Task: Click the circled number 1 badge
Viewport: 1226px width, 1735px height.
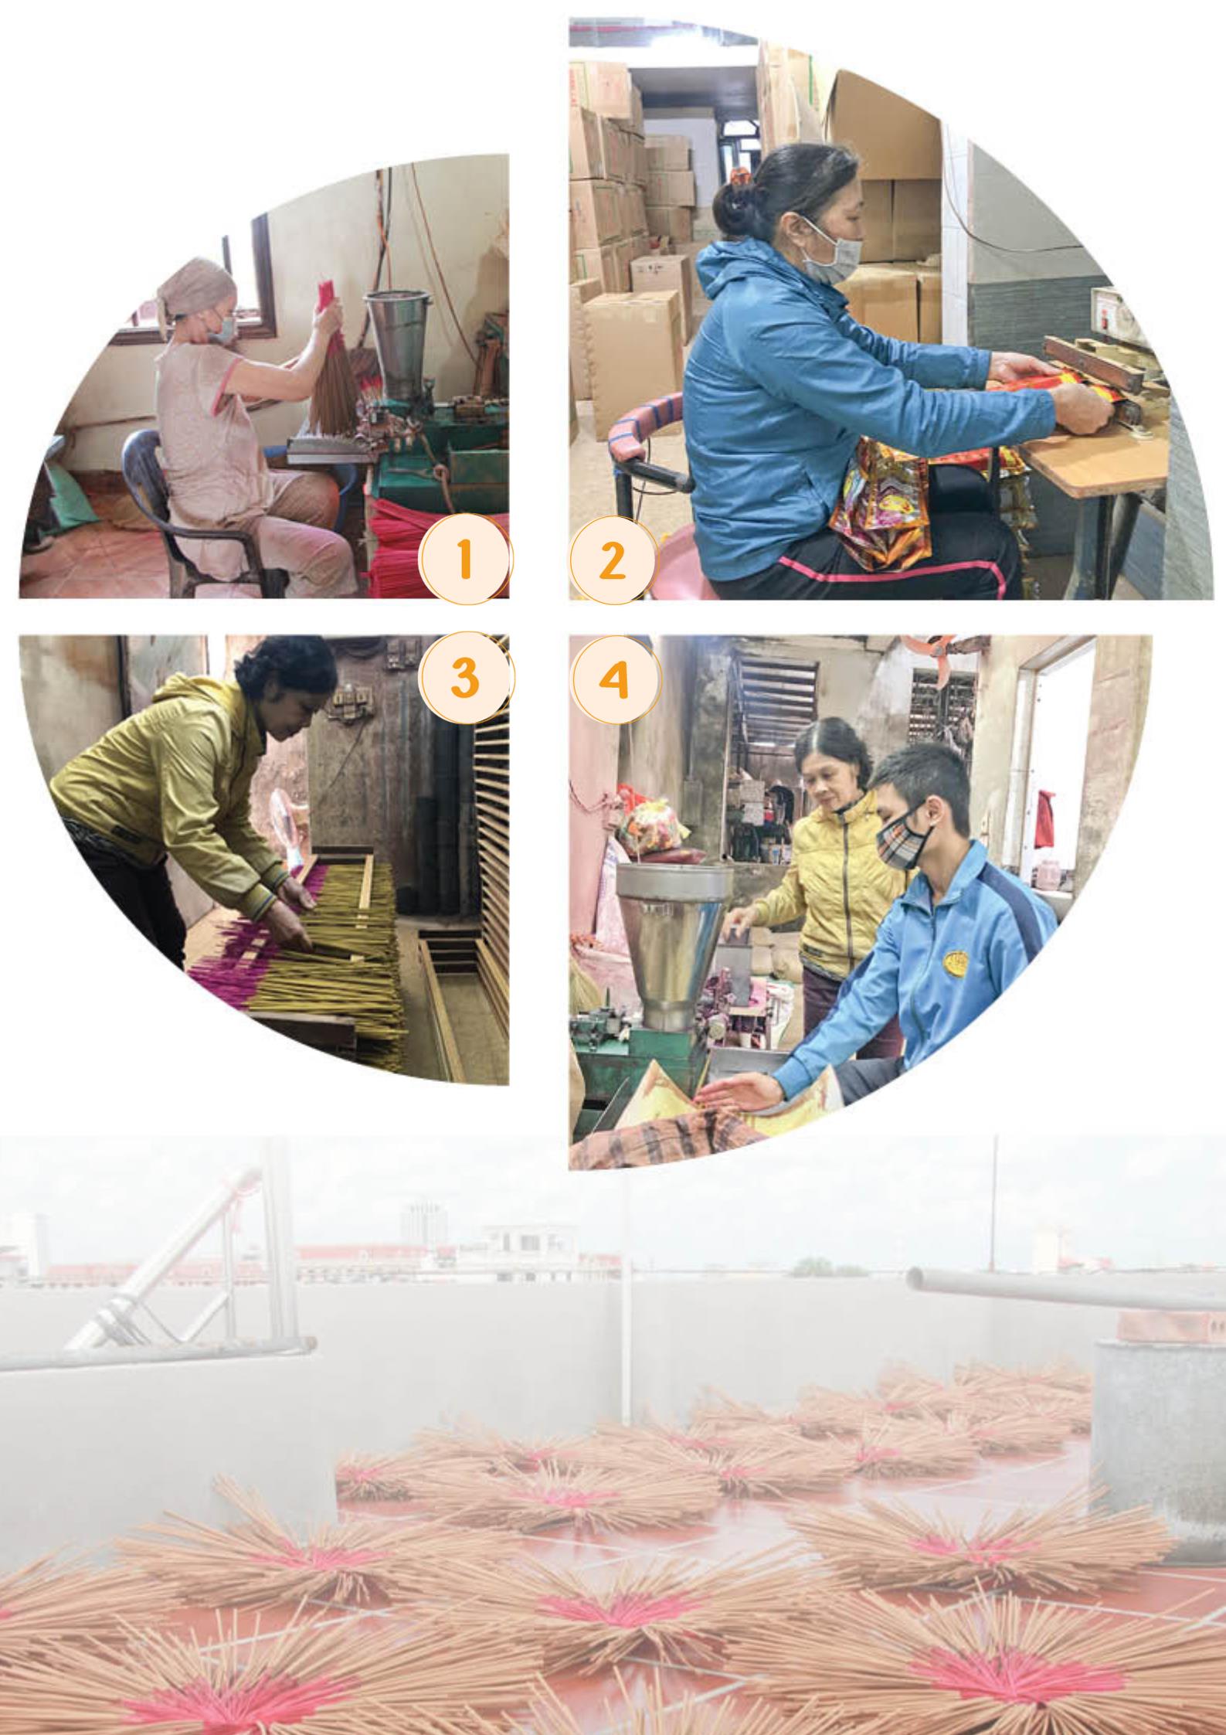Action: coord(464,560)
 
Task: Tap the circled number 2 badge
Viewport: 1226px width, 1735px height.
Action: coord(613,560)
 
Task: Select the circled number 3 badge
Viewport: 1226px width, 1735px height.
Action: coord(464,678)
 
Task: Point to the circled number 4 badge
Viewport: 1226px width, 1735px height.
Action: coord(615,678)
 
